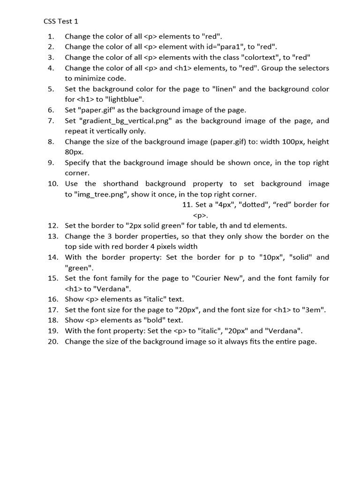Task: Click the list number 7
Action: tap(51, 121)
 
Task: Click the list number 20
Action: tap(52, 342)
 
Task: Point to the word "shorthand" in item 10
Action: tap(121, 184)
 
